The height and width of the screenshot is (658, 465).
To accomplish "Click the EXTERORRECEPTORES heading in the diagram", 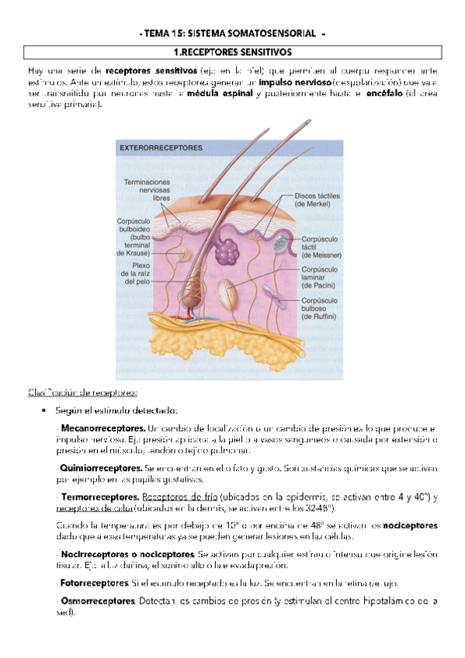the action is tap(161, 147).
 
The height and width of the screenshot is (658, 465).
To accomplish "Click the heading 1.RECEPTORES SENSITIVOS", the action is tap(232, 51).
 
